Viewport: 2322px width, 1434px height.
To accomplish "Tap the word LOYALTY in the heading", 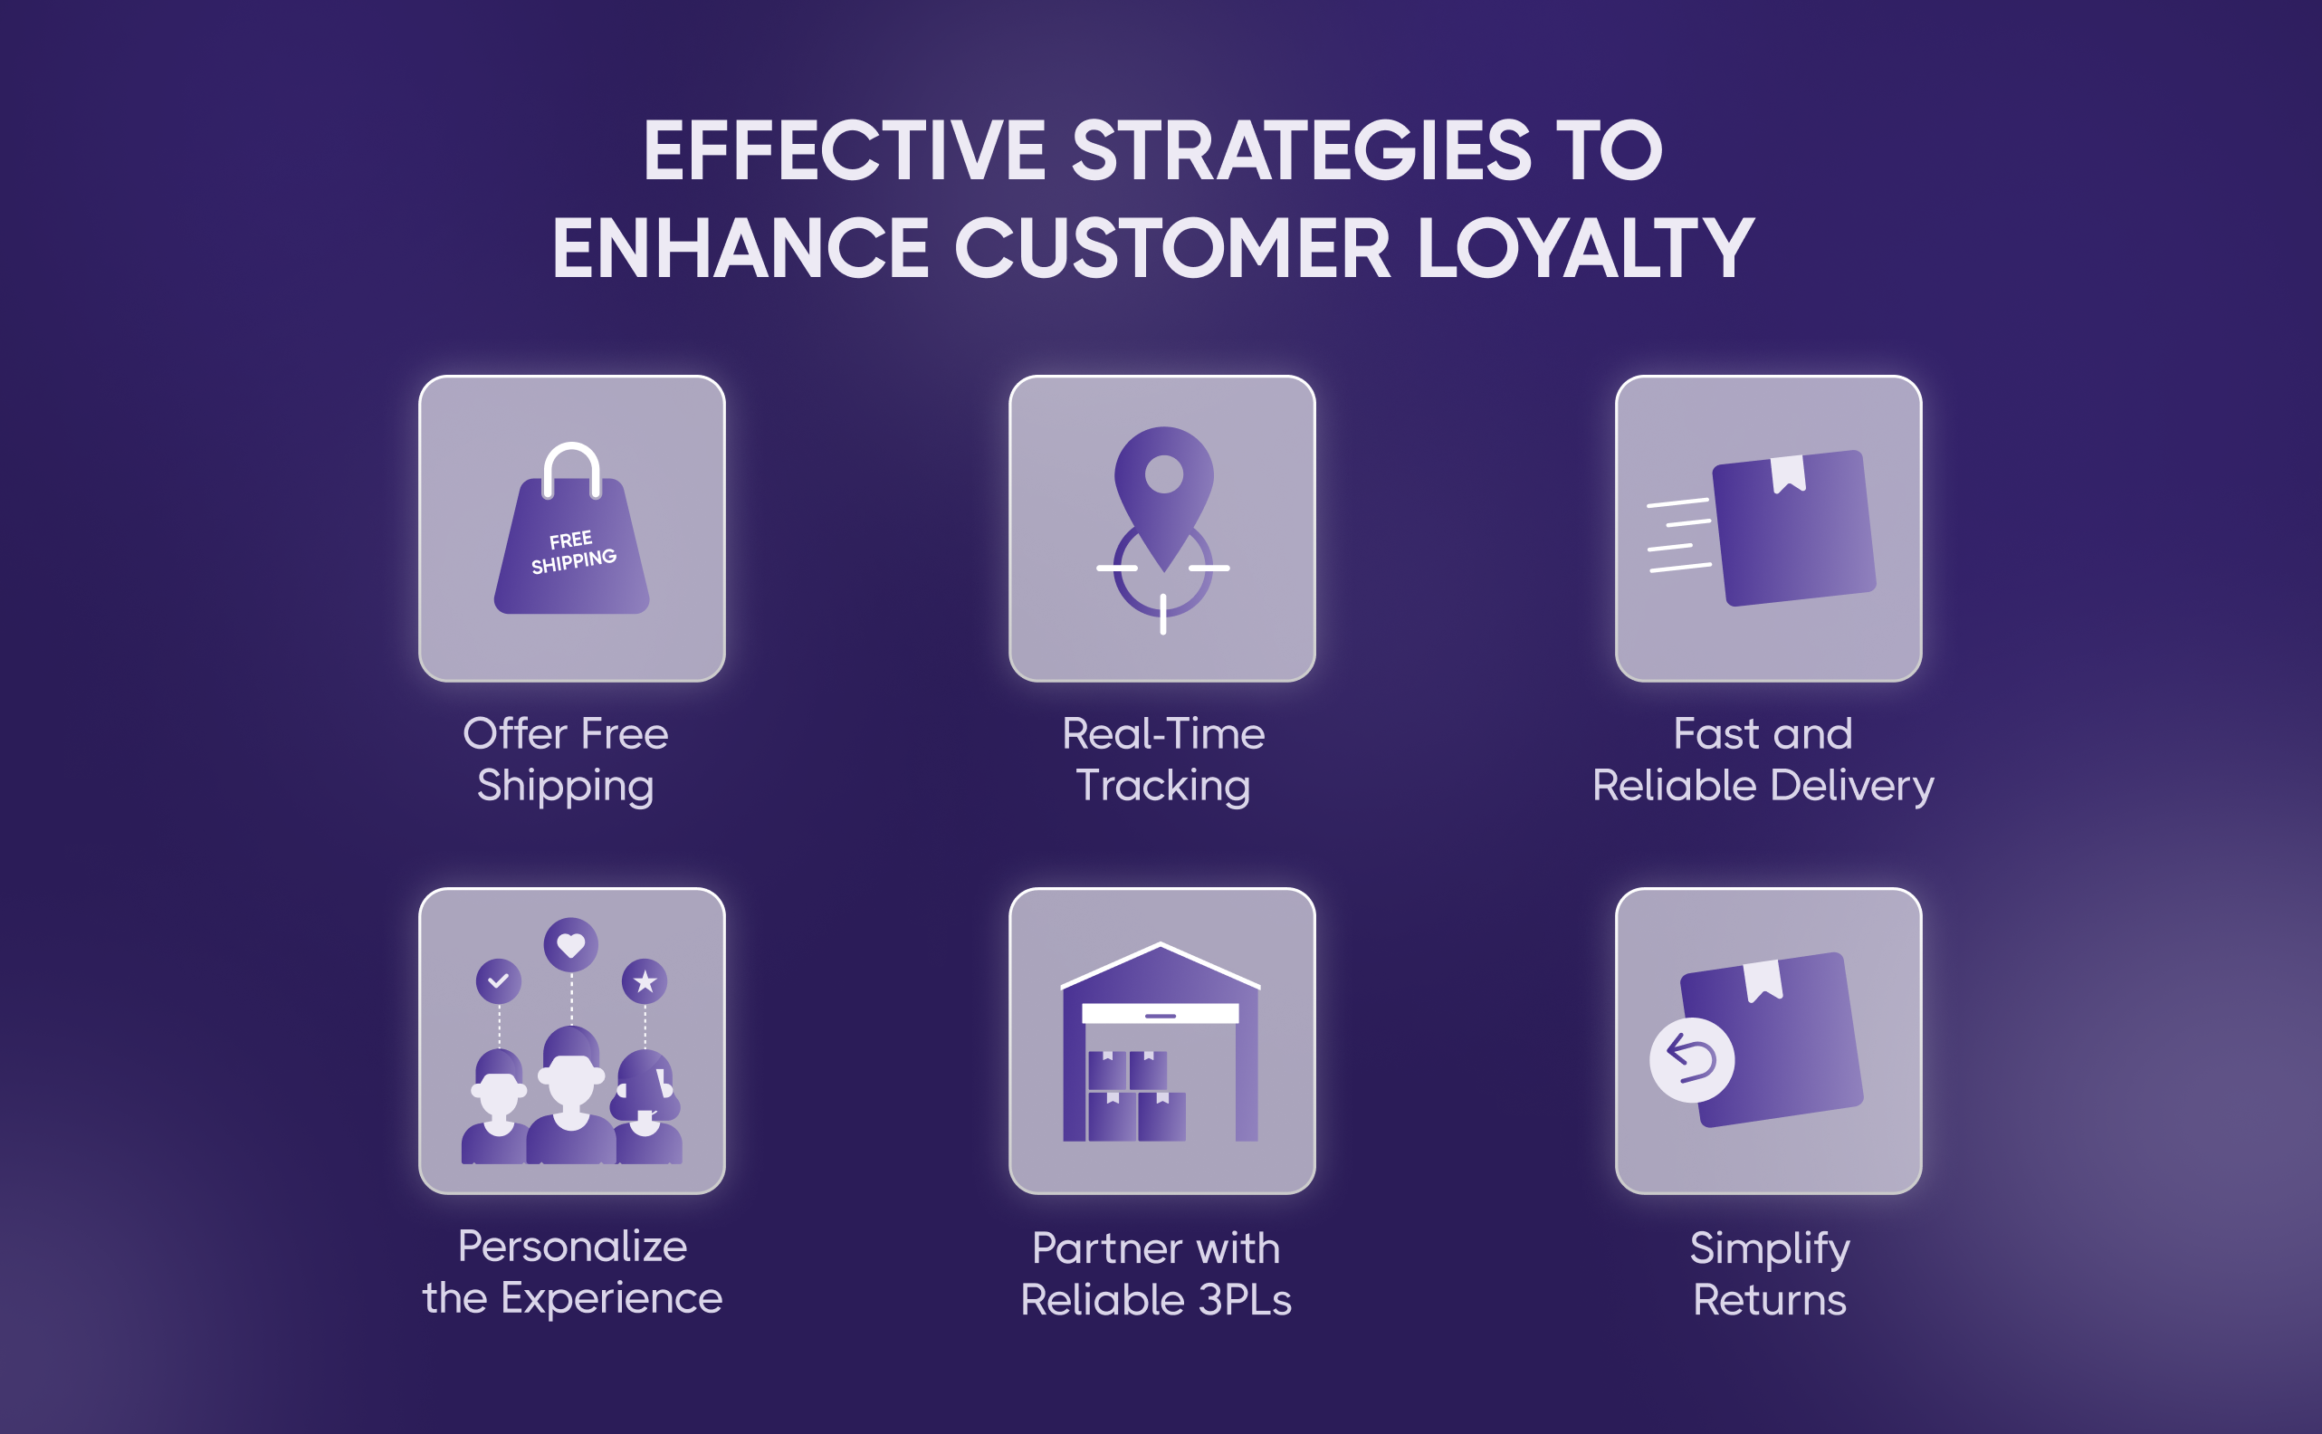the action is (x=1585, y=247).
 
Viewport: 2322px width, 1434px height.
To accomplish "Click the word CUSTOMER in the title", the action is (x=1172, y=247).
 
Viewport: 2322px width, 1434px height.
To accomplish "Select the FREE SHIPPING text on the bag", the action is (x=573, y=552).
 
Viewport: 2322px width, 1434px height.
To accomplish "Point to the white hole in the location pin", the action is (x=1163, y=474).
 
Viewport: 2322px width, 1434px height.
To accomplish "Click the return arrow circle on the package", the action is (x=1692, y=1059).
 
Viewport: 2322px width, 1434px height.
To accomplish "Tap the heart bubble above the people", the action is (x=571, y=944).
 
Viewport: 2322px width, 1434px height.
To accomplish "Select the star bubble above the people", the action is (x=645, y=980).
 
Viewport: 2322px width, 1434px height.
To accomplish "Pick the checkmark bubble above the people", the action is (x=499, y=980).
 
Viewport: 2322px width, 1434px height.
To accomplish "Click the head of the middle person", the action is (x=571, y=1076).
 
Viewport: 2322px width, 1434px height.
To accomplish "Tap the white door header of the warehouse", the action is (x=1161, y=1013).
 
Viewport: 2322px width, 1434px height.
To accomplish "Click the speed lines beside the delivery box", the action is (x=1679, y=535).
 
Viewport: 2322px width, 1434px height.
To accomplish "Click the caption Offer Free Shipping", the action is (x=566, y=759).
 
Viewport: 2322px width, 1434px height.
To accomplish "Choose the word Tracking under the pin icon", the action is (x=1163, y=786).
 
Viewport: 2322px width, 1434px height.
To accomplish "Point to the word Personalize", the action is (x=573, y=1247).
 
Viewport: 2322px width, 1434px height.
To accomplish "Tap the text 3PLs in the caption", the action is (x=1245, y=1299).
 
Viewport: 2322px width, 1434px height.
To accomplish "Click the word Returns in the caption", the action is (x=1770, y=1299).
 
